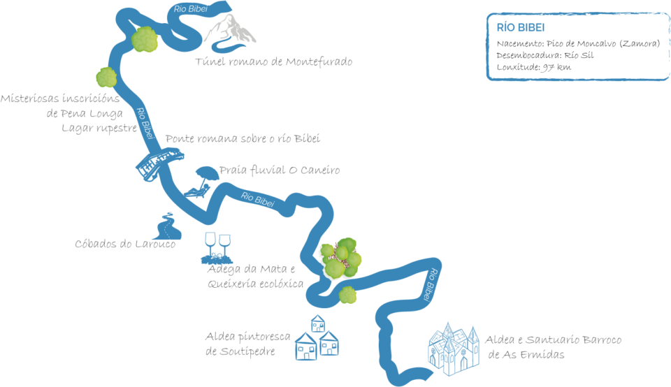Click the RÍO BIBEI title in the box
tap(521, 27)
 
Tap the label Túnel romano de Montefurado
tap(273, 61)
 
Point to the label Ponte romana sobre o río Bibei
tap(243, 139)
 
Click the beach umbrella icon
tap(205, 175)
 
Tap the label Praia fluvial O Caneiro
tap(280, 170)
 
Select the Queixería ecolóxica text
tap(255, 284)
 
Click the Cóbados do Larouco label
tap(125, 244)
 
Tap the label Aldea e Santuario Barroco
tap(553, 340)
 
